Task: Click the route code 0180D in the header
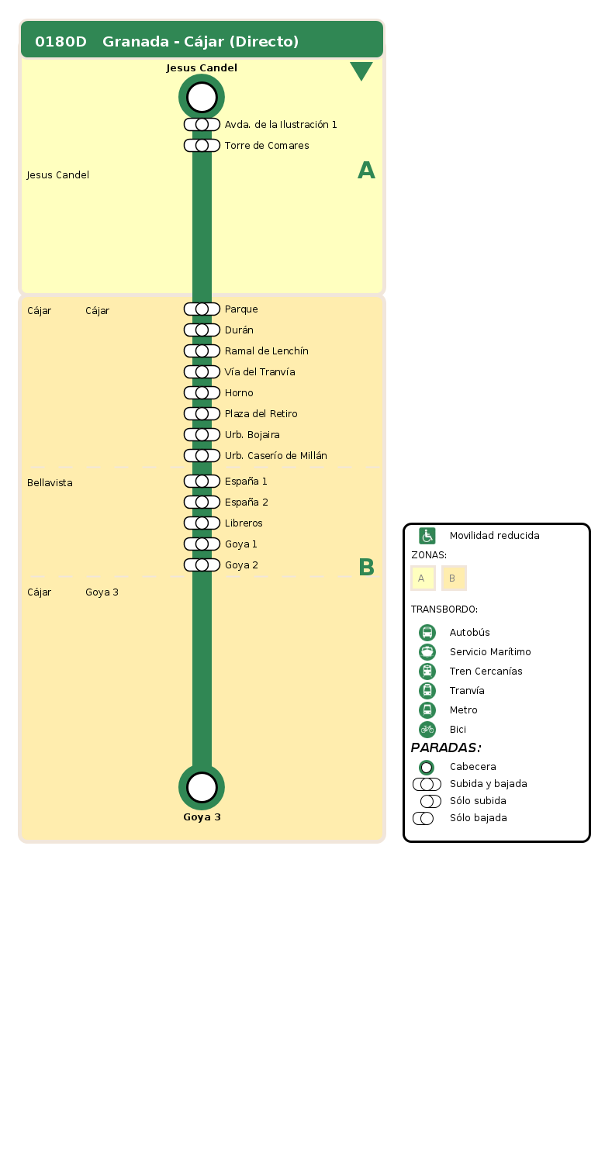point(60,42)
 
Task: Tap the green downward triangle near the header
point(361,71)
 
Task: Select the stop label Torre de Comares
point(267,146)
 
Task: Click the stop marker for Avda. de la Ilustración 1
point(202,125)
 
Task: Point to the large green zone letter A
point(366,171)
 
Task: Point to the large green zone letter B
point(367,568)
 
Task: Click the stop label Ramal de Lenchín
point(266,351)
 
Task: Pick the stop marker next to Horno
point(202,393)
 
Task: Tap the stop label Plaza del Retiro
point(261,414)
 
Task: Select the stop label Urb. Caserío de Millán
point(275,456)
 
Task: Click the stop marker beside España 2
point(202,502)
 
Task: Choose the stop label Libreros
point(244,523)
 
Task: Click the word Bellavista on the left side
point(50,483)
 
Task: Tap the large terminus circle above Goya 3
point(202,787)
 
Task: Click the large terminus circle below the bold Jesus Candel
point(202,97)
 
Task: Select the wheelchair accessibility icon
point(427,536)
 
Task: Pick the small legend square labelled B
point(454,578)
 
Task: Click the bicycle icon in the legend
point(427,730)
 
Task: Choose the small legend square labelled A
point(423,578)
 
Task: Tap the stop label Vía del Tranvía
point(260,372)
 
